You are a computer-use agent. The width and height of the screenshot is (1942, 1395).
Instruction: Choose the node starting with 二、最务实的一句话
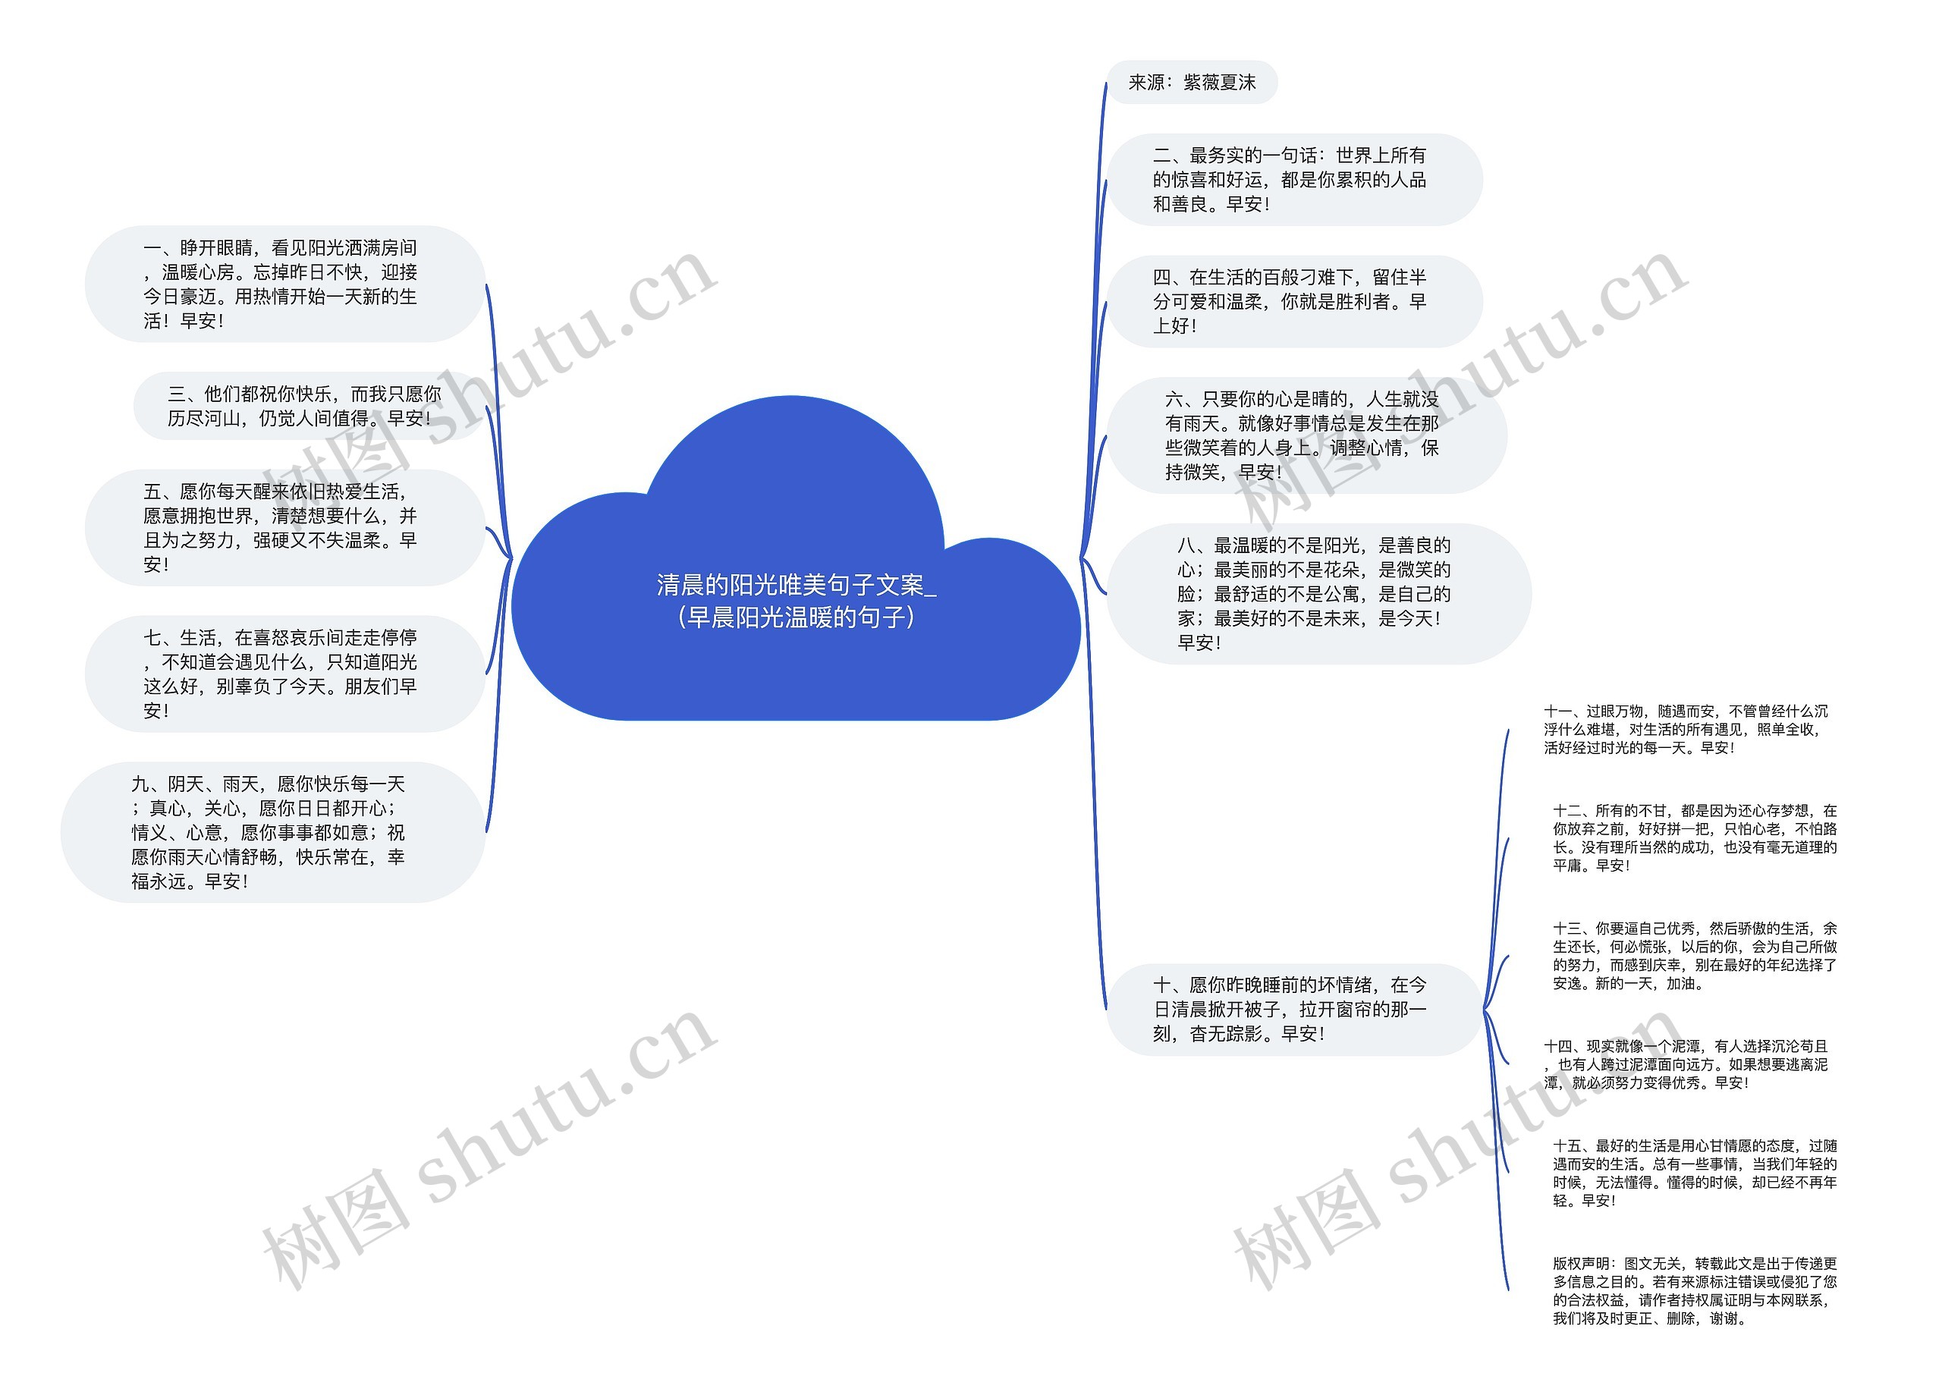(1292, 180)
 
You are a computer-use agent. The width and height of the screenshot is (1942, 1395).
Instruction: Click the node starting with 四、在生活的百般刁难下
(1292, 301)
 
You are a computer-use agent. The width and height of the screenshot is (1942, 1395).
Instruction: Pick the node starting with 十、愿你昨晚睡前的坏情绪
(1292, 1010)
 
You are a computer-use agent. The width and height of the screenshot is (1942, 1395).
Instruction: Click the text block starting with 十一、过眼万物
(1685, 730)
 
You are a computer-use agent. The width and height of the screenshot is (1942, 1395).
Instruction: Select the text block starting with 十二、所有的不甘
(1694, 837)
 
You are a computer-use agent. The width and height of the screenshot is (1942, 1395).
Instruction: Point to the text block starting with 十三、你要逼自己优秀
(1694, 956)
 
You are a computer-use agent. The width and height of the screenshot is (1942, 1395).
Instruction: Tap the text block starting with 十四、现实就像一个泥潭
(1685, 1064)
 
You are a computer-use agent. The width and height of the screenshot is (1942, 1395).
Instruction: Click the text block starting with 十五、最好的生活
(1694, 1173)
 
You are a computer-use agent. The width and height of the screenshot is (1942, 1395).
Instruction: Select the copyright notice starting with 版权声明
(1694, 1290)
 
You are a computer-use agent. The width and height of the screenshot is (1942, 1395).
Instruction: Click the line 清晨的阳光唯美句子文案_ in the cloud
(796, 585)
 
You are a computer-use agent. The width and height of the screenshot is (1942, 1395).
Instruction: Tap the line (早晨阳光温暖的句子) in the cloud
(796, 617)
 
